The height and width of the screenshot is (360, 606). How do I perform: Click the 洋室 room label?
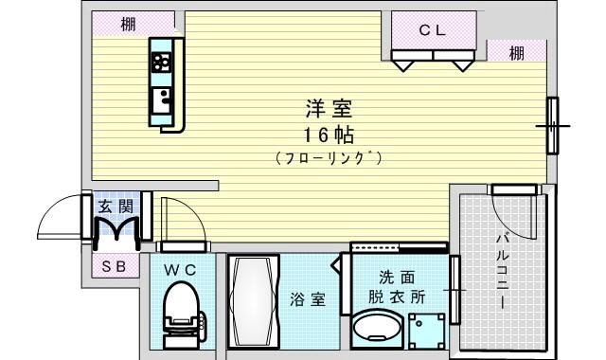click(329, 109)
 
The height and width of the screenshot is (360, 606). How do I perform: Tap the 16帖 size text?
click(329, 135)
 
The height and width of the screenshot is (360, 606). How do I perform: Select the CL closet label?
click(433, 30)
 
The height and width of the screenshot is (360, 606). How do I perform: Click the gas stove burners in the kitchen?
click(161, 63)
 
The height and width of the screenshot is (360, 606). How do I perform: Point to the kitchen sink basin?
click(161, 100)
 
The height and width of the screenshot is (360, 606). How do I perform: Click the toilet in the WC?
click(183, 315)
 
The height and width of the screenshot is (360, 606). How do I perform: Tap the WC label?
click(180, 271)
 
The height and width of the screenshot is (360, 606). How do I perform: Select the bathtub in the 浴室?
click(253, 301)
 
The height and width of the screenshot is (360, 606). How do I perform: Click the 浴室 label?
click(308, 299)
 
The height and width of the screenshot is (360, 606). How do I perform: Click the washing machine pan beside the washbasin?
click(427, 331)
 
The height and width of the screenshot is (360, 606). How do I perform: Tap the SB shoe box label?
click(115, 266)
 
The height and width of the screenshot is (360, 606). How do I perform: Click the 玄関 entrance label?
click(116, 207)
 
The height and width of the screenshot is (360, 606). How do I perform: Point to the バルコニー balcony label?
click(503, 271)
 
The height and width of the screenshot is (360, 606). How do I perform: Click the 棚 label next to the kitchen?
click(129, 25)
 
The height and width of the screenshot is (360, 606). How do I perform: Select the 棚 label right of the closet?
click(517, 53)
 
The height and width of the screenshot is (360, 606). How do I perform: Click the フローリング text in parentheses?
click(329, 158)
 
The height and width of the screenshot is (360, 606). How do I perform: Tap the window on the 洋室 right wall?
click(553, 126)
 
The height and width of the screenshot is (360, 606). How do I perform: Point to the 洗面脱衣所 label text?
click(397, 287)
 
